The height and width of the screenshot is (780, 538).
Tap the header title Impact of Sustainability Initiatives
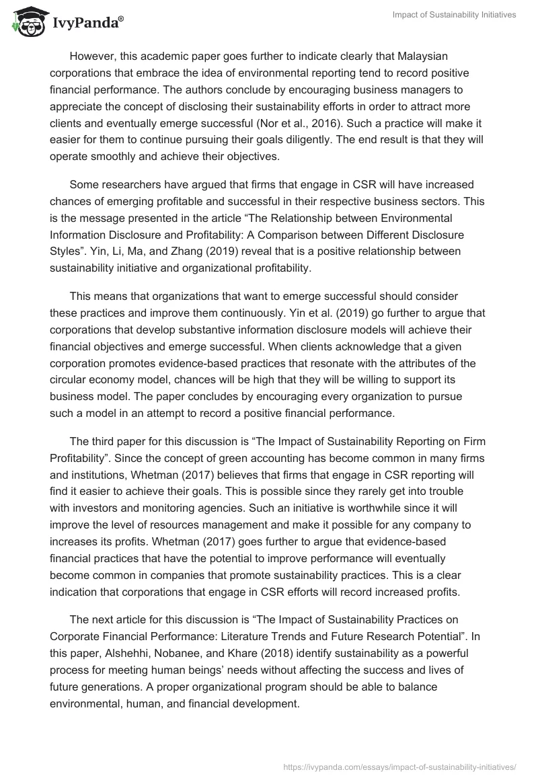pyautogui.click(x=454, y=15)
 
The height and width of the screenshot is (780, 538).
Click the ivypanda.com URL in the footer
pyautogui.click(x=399, y=766)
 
